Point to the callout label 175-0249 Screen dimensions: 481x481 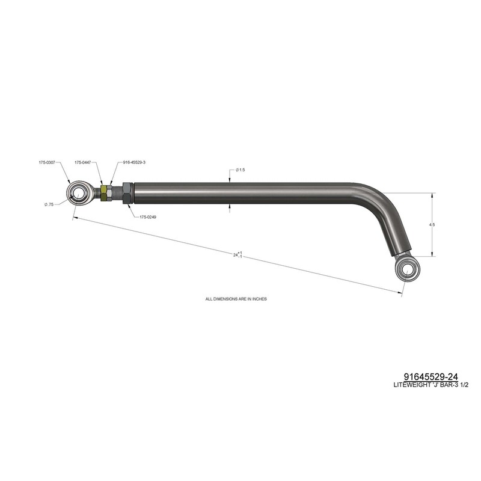click(148, 216)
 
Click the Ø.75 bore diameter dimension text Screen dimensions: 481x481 click(49, 204)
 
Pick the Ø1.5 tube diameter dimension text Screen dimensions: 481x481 click(240, 170)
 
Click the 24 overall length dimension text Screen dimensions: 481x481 click(237, 255)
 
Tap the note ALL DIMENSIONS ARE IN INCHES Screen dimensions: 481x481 click(236, 298)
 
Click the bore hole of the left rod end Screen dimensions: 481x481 click(78, 193)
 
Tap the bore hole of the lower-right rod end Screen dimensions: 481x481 click(408, 269)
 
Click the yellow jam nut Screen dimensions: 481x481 click(104, 192)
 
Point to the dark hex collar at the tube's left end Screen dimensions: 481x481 click(127, 192)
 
